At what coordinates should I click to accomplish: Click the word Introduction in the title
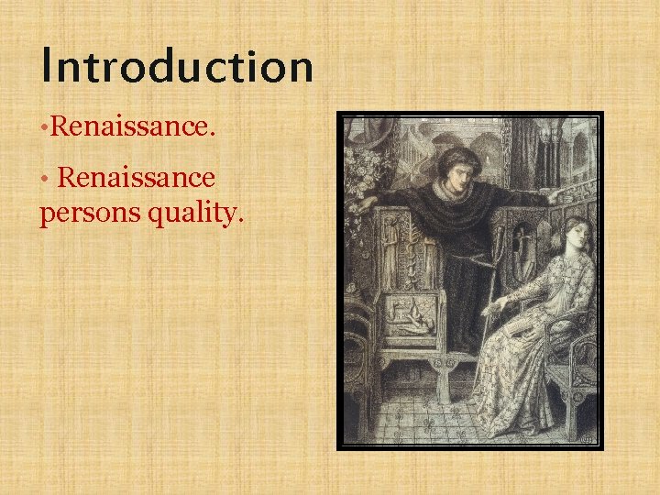(177, 67)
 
